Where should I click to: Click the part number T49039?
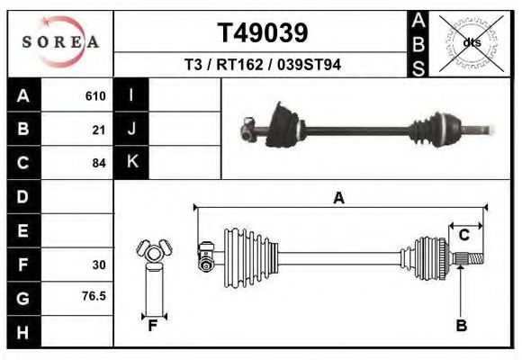262,33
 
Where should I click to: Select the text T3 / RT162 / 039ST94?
262,65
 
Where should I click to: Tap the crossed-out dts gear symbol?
471,42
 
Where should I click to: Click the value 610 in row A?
95,96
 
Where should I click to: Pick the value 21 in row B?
99,130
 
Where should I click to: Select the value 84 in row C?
99,163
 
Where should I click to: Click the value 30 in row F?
99,265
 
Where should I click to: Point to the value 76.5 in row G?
94,295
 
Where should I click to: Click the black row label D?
22,196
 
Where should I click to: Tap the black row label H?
22,332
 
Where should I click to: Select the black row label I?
131,95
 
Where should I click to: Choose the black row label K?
131,162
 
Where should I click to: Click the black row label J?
131,129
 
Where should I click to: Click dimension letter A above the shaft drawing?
338,199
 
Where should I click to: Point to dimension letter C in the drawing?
464,235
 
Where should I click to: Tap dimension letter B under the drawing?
461,326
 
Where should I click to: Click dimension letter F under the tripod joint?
153,326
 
